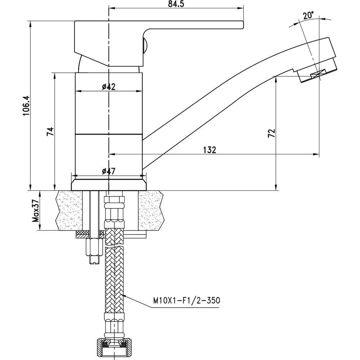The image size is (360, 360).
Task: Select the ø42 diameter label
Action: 108,87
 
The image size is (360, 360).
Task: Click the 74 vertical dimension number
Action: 50,131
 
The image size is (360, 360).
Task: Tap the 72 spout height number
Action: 272,133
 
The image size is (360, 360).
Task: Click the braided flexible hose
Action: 114,277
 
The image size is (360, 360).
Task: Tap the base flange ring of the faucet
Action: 109,184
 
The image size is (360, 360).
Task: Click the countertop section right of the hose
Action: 153,211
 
